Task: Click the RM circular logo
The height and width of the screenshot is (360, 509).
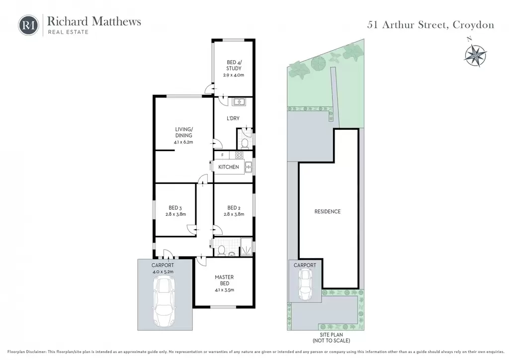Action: [x=28, y=25]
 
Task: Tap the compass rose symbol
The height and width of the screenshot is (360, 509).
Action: [x=475, y=55]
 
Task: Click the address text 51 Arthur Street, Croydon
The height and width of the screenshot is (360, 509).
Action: [x=430, y=25]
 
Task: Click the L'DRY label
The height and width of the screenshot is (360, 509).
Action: [x=233, y=118]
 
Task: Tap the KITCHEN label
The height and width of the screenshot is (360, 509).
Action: [x=229, y=167]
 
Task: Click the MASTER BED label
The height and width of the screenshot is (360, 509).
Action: [x=224, y=280]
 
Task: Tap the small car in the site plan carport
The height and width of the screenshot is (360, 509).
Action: [x=305, y=285]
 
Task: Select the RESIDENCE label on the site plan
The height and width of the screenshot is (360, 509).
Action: [x=328, y=212]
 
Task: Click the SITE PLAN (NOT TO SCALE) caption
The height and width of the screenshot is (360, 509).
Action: [x=332, y=338]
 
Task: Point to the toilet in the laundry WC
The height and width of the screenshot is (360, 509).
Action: [x=245, y=143]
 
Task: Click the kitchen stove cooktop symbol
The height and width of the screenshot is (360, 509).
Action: [x=239, y=155]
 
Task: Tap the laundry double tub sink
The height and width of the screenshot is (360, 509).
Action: [x=239, y=102]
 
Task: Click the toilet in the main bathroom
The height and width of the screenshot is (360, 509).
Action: [x=222, y=250]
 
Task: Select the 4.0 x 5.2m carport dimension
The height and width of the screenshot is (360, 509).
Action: [x=163, y=271]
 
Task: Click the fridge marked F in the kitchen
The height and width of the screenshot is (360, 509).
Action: [x=222, y=155]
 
